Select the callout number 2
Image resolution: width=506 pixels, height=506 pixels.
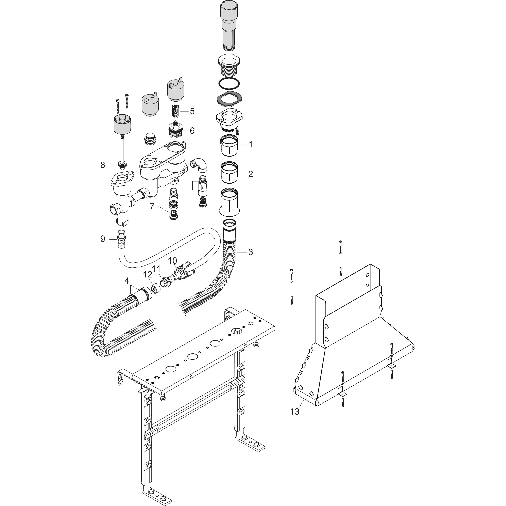click(251, 174)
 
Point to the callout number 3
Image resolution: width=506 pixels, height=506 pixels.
click(251, 252)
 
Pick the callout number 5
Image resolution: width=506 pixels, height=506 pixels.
click(192, 111)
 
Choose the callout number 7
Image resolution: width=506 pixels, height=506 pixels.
click(152, 207)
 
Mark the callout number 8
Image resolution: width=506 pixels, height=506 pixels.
click(103, 165)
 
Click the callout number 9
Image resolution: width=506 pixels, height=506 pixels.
click(103, 239)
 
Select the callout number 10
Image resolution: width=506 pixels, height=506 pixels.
click(172, 261)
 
